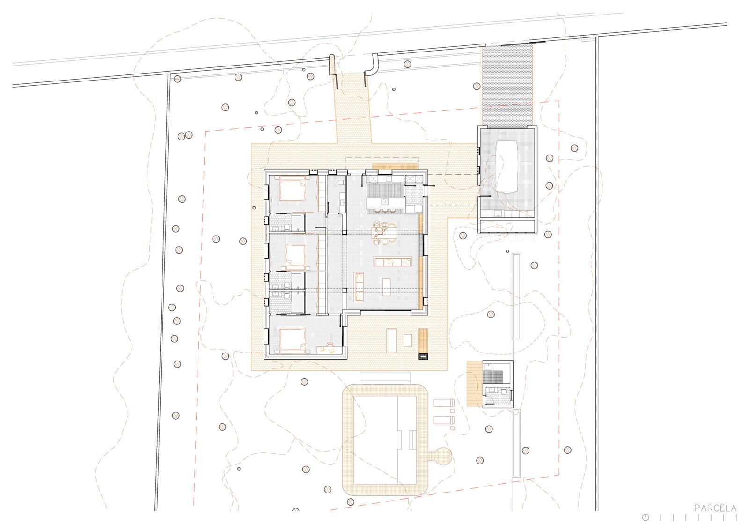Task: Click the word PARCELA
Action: coord(715,508)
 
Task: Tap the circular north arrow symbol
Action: coord(646,518)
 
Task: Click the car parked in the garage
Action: coord(507,167)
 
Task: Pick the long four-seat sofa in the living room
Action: coord(393,262)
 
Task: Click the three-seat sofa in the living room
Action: coord(359,287)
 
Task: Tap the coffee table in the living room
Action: coord(387,287)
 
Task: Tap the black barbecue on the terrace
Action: coord(423,356)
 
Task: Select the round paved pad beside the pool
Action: coord(442,456)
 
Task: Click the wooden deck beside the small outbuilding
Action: coord(475,383)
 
